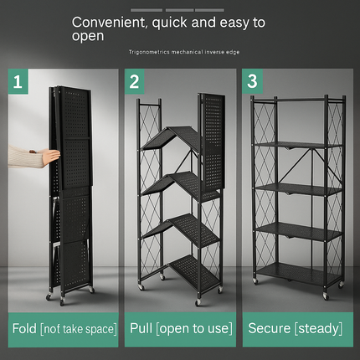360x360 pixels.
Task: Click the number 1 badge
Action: tap(18, 81)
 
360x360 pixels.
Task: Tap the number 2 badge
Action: tap(135, 81)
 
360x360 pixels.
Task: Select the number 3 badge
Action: tap(252, 81)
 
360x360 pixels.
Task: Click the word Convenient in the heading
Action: tap(109, 23)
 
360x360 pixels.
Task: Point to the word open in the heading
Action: tap(88, 36)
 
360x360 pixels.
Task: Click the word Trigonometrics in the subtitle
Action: tap(149, 52)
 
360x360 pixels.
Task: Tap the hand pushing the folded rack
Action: tap(51, 156)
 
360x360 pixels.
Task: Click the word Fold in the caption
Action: tap(24, 328)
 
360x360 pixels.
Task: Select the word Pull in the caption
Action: tap(141, 328)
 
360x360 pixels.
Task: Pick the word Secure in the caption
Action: tap(270, 328)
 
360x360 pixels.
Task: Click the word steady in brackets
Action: tap(318, 328)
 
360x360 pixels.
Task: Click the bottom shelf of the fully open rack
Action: tap(299, 273)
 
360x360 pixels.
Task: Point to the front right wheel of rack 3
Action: tap(326, 296)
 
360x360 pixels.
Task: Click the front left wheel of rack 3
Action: tap(255, 280)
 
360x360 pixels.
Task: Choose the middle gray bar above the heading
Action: tap(179, 10)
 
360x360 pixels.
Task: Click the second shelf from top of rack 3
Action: tap(299, 190)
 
